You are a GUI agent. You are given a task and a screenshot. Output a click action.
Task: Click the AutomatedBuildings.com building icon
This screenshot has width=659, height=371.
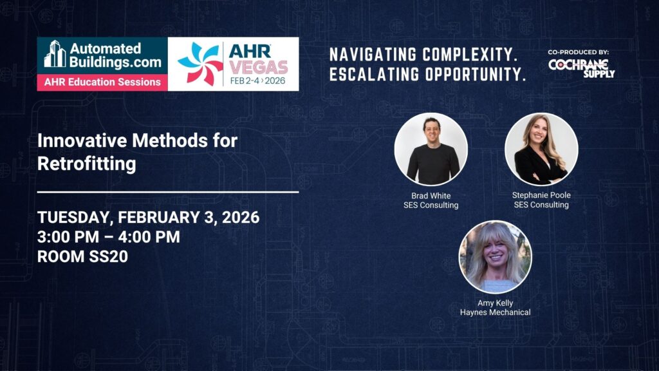[55, 53]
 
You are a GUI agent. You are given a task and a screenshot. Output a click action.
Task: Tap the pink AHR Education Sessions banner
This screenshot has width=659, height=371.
[102, 82]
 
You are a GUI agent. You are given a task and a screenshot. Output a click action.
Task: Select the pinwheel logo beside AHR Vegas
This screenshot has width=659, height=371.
[200, 64]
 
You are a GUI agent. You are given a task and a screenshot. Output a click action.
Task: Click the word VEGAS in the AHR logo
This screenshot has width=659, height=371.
[259, 67]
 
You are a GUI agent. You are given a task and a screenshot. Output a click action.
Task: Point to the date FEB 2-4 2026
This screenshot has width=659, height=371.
[257, 81]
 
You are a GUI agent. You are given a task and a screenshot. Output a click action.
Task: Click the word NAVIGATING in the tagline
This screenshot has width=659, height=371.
[373, 55]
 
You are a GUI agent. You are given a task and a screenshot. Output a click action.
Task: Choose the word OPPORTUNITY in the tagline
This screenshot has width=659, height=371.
[476, 75]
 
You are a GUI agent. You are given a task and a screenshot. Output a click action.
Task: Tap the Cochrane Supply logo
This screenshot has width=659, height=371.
[581, 68]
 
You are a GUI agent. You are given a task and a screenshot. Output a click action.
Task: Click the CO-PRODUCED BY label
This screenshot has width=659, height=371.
[579, 52]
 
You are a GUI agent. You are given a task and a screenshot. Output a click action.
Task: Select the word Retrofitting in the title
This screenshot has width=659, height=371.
[87, 164]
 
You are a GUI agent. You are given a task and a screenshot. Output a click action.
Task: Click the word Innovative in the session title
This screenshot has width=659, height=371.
[82, 140]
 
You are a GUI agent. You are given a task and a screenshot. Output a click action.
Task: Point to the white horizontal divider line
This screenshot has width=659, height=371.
[168, 192]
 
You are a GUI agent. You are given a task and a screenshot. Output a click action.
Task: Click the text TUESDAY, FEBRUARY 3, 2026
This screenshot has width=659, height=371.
[149, 217]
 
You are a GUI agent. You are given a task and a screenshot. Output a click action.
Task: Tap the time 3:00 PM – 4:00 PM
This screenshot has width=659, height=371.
[108, 237]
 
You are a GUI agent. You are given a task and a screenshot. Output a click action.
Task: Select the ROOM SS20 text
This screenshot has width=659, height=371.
[82, 256]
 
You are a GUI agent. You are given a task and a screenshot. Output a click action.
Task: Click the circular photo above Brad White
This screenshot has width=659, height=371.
[431, 149]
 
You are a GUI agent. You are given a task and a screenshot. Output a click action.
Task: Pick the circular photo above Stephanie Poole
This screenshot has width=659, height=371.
[541, 149]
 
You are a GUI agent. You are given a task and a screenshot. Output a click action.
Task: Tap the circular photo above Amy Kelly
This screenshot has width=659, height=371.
[495, 256]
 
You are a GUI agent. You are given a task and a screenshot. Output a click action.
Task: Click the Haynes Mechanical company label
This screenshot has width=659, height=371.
[495, 312]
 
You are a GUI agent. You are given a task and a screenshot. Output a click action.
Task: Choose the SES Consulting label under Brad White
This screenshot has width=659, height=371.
[431, 205]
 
